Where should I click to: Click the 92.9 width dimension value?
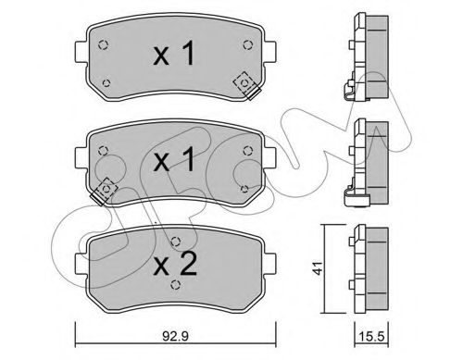pyautogui.click(x=175, y=336)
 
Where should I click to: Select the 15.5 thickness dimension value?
pyautogui.click(x=372, y=336)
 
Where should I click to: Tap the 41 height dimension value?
pyautogui.click(x=317, y=267)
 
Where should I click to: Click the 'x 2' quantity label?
pyautogui.click(x=175, y=265)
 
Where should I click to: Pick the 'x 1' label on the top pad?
pyautogui.click(x=174, y=54)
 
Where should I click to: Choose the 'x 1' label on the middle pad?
pyautogui.click(x=174, y=159)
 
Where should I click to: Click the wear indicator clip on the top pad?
pyautogui.click(x=247, y=85)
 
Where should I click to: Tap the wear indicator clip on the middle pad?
pyautogui.click(x=104, y=192)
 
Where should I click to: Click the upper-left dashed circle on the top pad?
pyautogui.click(x=103, y=45)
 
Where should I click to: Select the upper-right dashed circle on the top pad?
pyautogui.click(x=247, y=45)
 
